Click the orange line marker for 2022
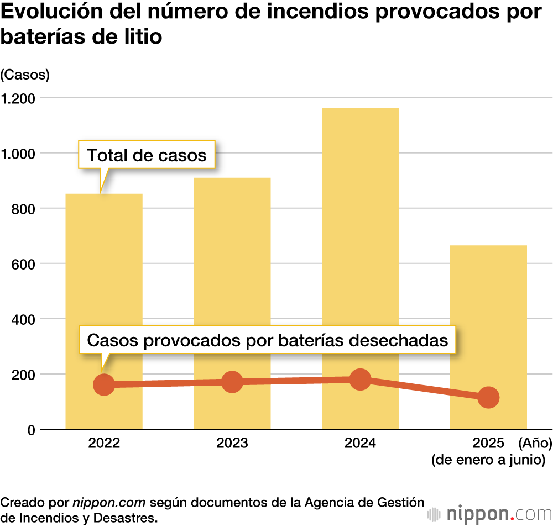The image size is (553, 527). tap(104, 384)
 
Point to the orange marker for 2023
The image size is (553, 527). tap(232, 381)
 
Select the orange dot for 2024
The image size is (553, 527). tap(360, 380)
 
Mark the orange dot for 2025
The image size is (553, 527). tap(488, 397)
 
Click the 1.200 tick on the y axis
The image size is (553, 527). tap(18, 98)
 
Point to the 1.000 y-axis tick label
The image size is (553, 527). tap(18, 154)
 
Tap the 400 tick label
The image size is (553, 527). tap(23, 319)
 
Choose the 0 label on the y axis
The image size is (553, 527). tap(32, 430)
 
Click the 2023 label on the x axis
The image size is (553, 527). tap(232, 443)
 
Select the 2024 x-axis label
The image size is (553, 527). tap(360, 443)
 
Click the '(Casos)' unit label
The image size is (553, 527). tap(25, 75)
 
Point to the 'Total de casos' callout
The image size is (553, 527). tap(147, 155)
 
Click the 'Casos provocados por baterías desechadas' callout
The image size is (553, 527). tap(268, 340)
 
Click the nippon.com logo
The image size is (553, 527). tap(490, 514)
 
